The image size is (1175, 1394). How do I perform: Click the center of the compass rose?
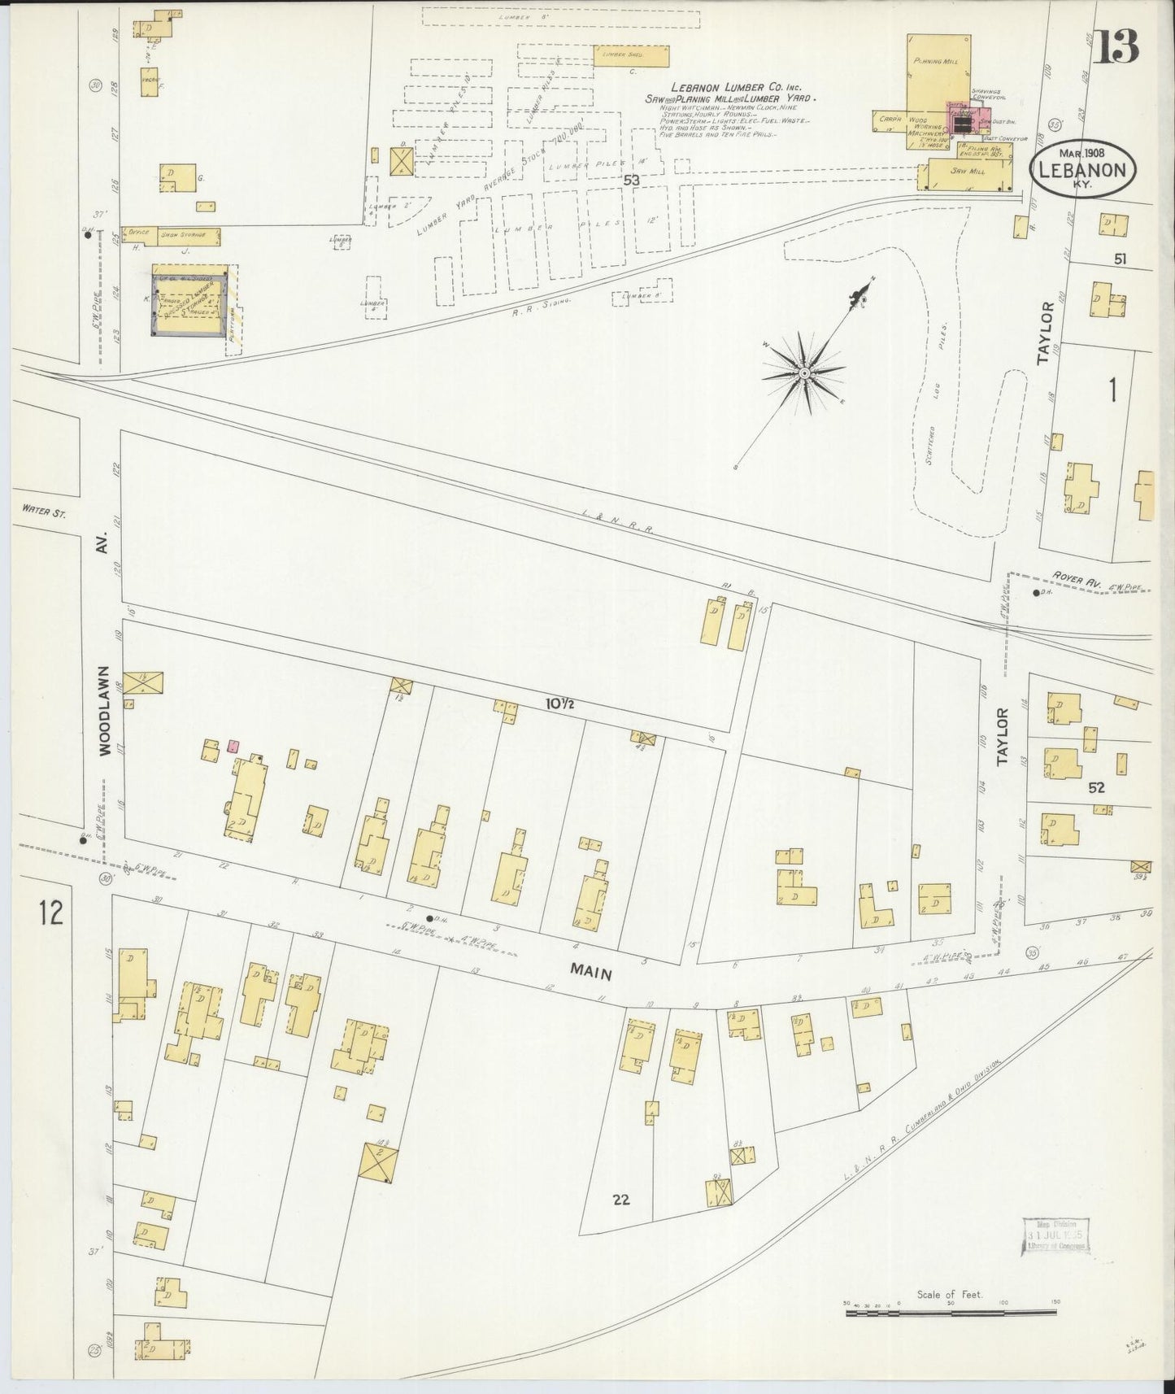(803, 372)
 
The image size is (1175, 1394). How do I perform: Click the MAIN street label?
(591, 972)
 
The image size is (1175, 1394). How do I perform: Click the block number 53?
(631, 181)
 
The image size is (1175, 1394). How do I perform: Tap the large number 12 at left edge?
(49, 913)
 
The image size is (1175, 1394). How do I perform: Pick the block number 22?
(622, 1198)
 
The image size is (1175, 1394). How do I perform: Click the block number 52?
(1096, 787)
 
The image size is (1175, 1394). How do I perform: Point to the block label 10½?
(560, 704)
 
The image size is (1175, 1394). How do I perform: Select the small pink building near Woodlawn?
(233, 744)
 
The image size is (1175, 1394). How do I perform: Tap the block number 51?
(1121, 259)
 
